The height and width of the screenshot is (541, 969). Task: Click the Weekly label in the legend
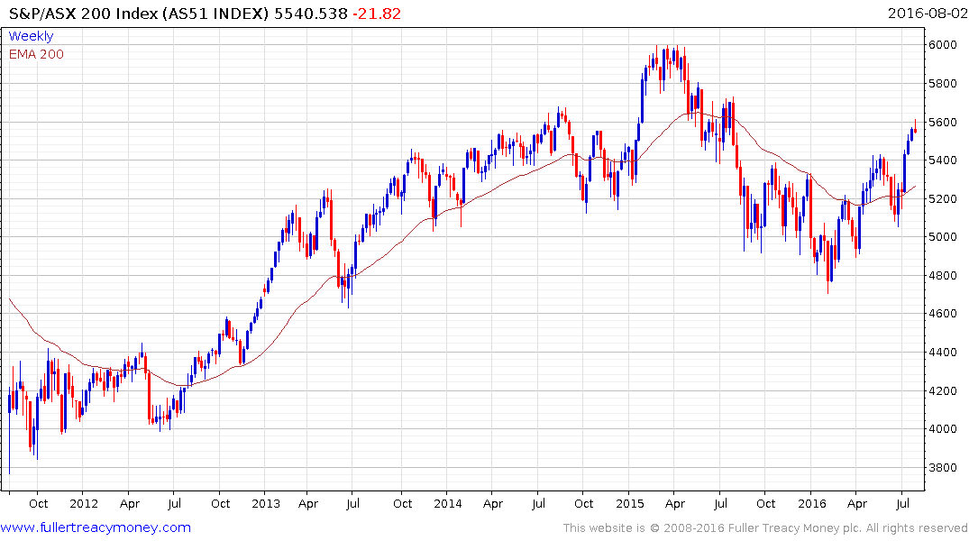[x=31, y=36]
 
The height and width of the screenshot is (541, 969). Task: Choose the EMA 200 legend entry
[x=36, y=54]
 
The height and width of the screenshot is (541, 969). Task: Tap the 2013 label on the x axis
[x=266, y=503]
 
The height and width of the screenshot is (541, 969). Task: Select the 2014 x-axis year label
[x=448, y=503]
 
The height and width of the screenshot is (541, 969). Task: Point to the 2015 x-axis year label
[x=630, y=503]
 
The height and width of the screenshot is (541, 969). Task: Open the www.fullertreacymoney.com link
[x=96, y=527]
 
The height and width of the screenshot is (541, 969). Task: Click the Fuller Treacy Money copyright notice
[x=765, y=527]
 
